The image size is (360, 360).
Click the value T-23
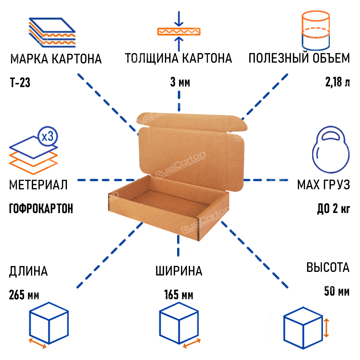[x=20, y=83]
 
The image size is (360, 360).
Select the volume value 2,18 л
[x=337, y=83]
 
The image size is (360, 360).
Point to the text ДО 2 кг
[x=333, y=209]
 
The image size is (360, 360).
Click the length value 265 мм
[x=24, y=296]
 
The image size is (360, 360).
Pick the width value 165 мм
[x=179, y=296]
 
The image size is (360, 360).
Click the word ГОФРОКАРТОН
[x=41, y=209]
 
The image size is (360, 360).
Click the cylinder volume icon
[x=315, y=31]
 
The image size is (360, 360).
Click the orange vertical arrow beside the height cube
[x=327, y=327]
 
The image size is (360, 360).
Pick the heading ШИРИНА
[x=179, y=271]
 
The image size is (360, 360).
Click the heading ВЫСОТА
[x=328, y=267]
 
